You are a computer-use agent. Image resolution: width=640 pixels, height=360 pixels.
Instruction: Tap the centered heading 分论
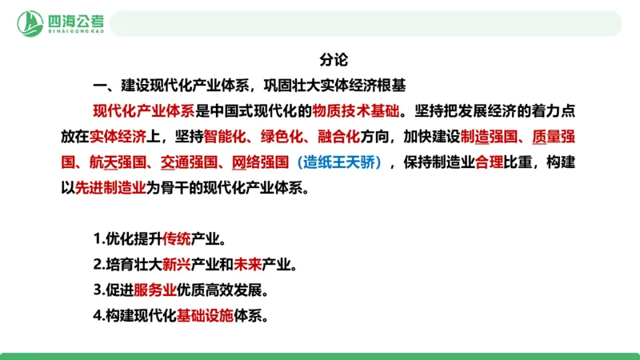[x=333, y=59]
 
